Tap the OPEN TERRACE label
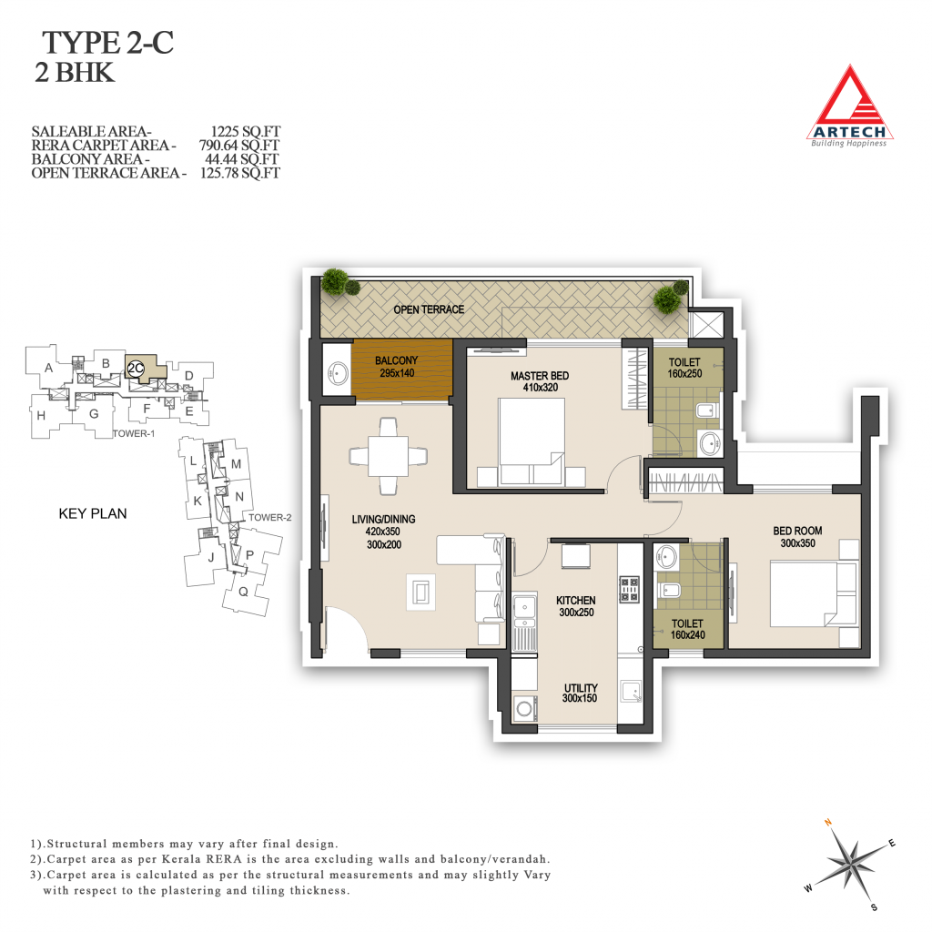(429, 309)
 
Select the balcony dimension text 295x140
(397, 373)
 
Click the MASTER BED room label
(540, 376)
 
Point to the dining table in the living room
(388, 456)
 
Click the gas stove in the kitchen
(629, 589)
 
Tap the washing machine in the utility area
(524, 708)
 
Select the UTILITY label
(581, 688)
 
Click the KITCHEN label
(576, 601)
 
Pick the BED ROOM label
(797, 531)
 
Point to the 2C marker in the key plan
(137, 369)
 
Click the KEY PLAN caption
(93, 513)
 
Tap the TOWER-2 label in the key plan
(269, 518)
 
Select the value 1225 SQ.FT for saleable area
(245, 131)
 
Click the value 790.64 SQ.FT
(239, 145)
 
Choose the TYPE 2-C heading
(107, 43)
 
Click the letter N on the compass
(828, 823)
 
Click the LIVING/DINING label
(383, 520)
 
